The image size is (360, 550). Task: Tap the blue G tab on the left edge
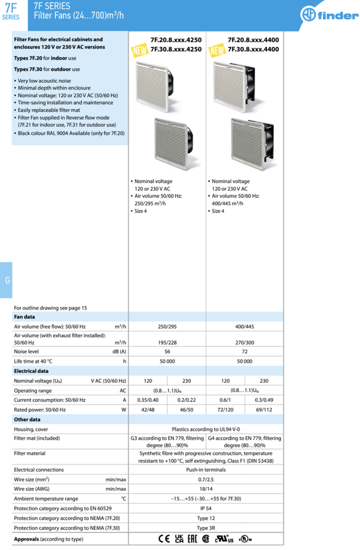point(6,280)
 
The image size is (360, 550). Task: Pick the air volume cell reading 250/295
point(168,327)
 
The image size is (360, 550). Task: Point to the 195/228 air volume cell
point(168,342)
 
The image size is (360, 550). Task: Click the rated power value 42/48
point(148,410)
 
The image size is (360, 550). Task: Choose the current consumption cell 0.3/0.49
point(264,400)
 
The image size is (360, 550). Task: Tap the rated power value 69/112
point(264,410)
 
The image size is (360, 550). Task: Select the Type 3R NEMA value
point(206,528)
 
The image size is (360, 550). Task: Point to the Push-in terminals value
point(206,470)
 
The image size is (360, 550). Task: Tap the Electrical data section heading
point(31,371)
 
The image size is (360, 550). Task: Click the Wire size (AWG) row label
point(34,489)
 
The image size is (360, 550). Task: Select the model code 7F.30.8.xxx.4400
point(253,49)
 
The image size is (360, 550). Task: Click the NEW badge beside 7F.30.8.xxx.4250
point(140,51)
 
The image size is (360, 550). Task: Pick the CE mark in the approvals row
point(164,539)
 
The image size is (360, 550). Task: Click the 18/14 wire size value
point(206,489)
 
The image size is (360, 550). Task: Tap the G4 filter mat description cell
point(244,442)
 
